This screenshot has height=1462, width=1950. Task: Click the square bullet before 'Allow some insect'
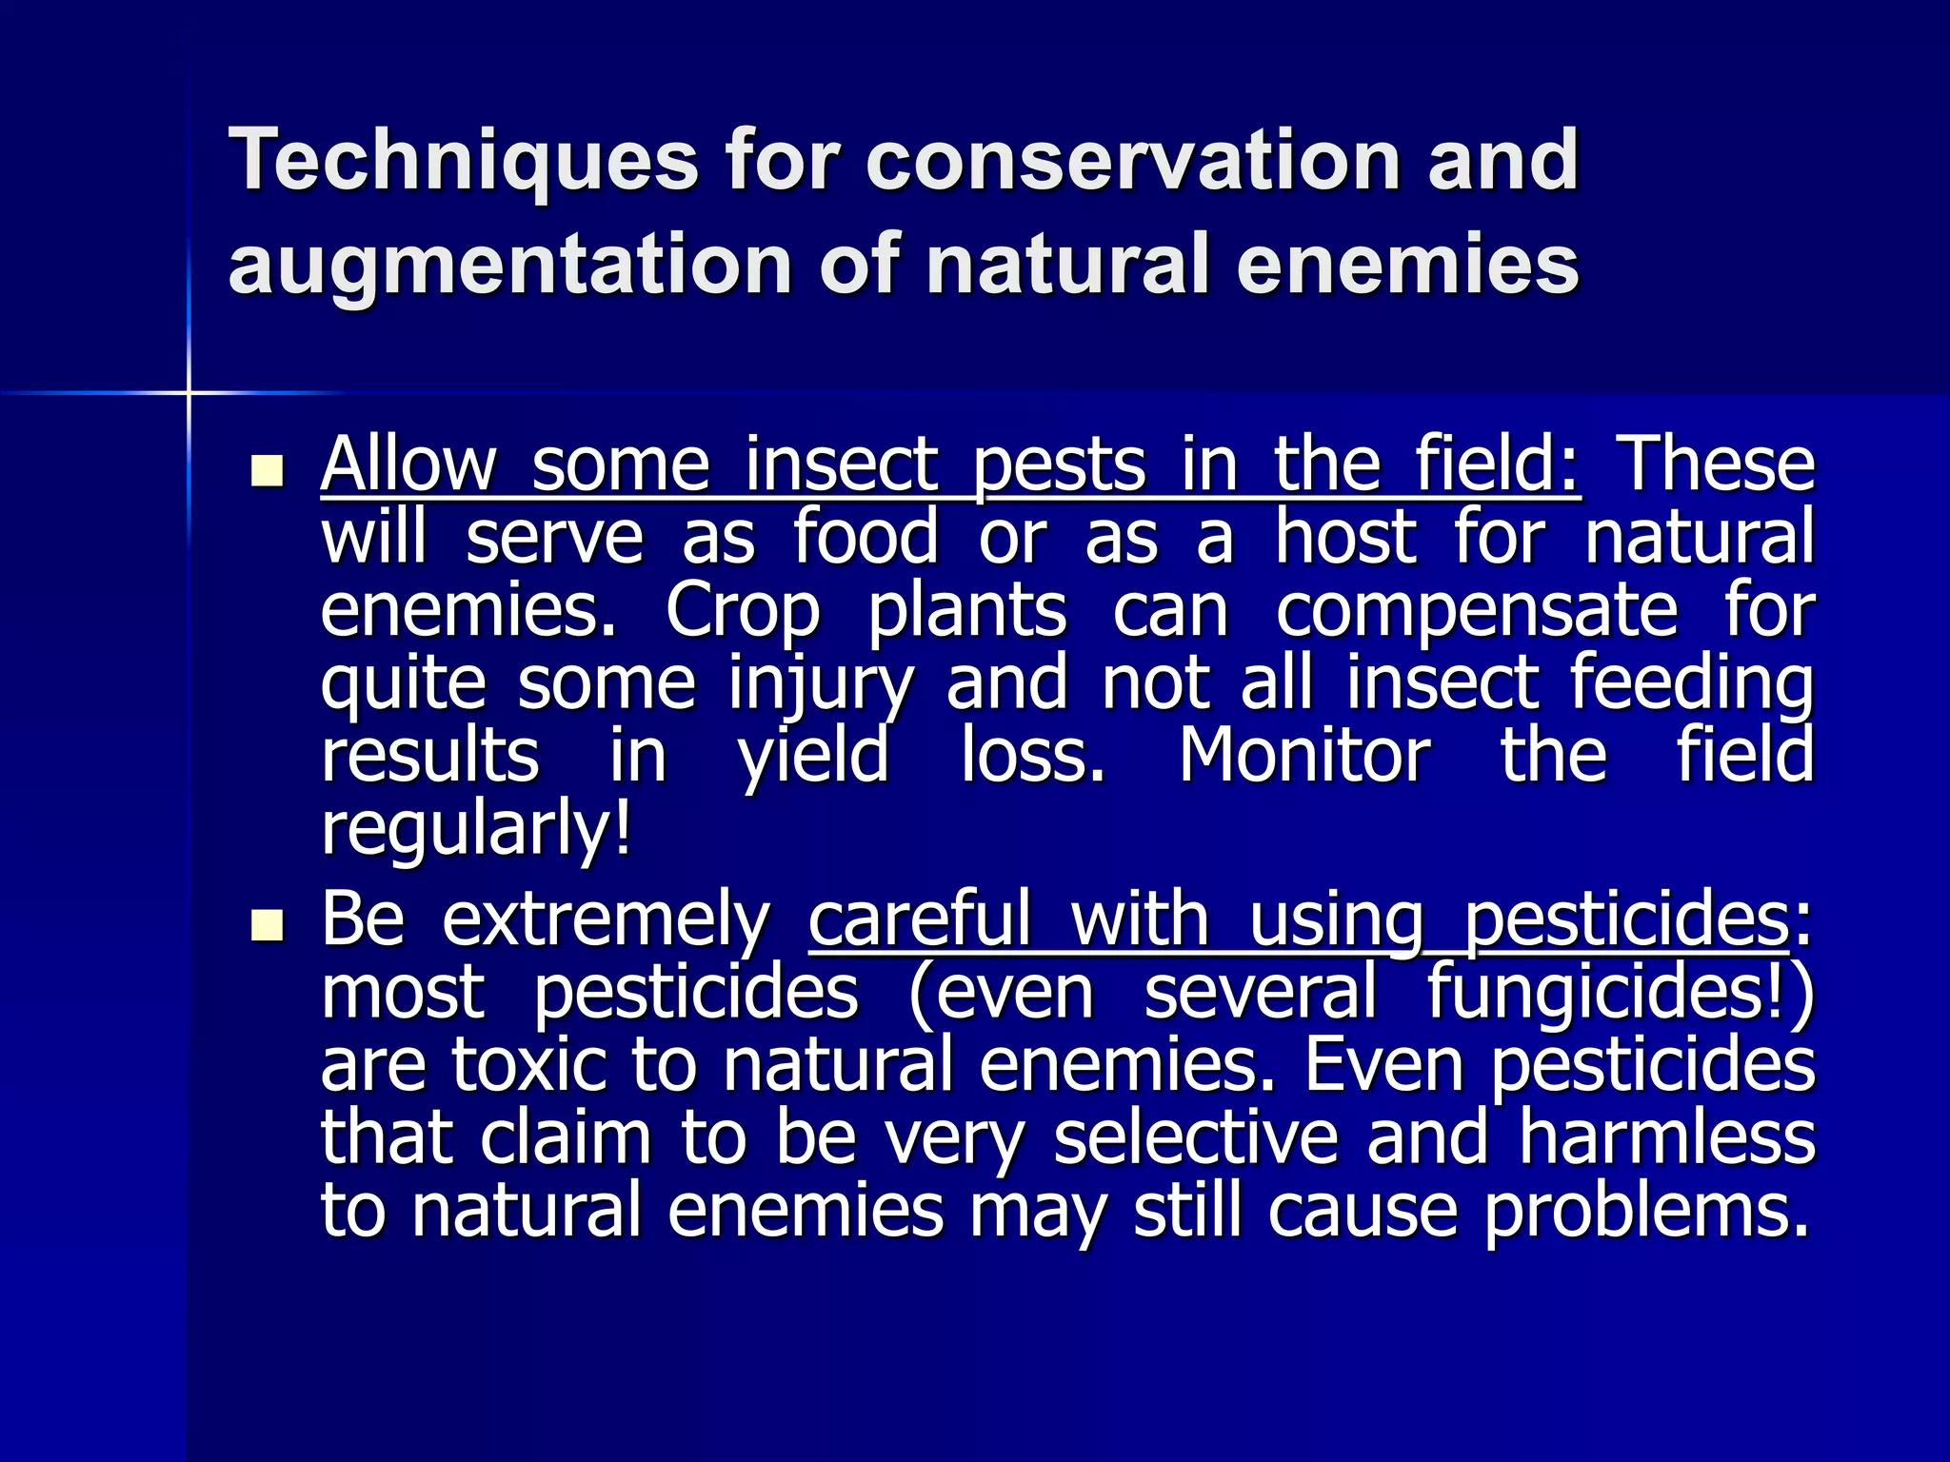tap(268, 471)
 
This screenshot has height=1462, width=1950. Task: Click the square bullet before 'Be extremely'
tap(268, 925)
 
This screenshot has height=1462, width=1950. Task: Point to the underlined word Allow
tap(408, 465)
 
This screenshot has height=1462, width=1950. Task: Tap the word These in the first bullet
tap(1718, 465)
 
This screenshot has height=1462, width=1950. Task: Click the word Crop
tap(742, 611)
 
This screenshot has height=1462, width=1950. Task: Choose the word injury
tap(821, 683)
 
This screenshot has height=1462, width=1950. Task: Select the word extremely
tap(606, 919)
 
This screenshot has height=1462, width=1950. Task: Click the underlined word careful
tap(920, 919)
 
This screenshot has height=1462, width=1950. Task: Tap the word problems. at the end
tap(1646, 1211)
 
